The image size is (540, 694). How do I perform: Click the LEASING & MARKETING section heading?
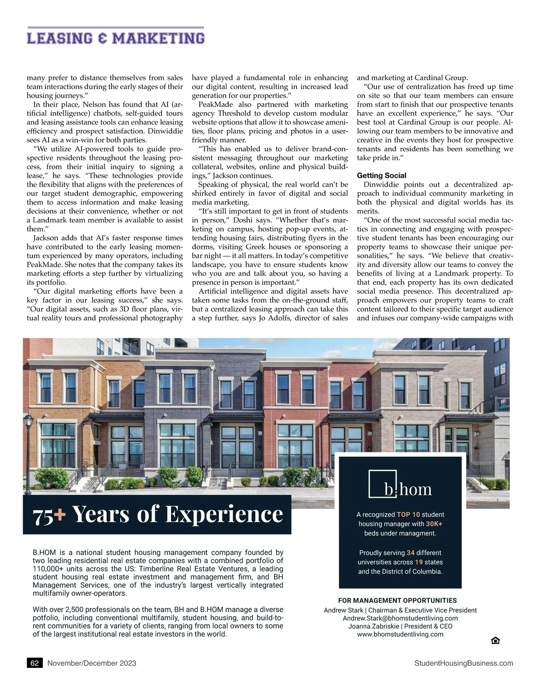pyautogui.click(x=116, y=38)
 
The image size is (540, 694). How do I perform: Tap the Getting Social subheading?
pyautogui.click(x=381, y=176)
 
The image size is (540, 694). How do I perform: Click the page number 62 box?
pyautogui.click(x=35, y=663)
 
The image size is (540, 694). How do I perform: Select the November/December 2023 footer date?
pyautogui.click(x=92, y=663)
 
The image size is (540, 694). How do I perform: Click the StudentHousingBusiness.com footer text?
pyautogui.click(x=463, y=663)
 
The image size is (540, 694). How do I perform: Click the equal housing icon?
pyautogui.click(x=495, y=640)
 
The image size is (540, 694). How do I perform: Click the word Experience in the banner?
pyautogui.click(x=224, y=514)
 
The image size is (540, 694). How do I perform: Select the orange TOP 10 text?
pyautogui.click(x=408, y=514)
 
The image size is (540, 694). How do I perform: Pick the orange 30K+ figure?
pyautogui.click(x=434, y=524)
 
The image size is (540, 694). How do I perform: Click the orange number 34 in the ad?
pyautogui.click(x=410, y=553)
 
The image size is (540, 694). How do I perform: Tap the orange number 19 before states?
pyautogui.click(x=418, y=562)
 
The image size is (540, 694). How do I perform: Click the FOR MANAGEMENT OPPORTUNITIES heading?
pyautogui.click(x=397, y=600)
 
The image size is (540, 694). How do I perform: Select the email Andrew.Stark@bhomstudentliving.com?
pyautogui.click(x=400, y=618)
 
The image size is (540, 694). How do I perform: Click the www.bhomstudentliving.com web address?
pyautogui.click(x=400, y=635)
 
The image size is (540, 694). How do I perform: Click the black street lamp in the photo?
pyautogui.click(x=29, y=432)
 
